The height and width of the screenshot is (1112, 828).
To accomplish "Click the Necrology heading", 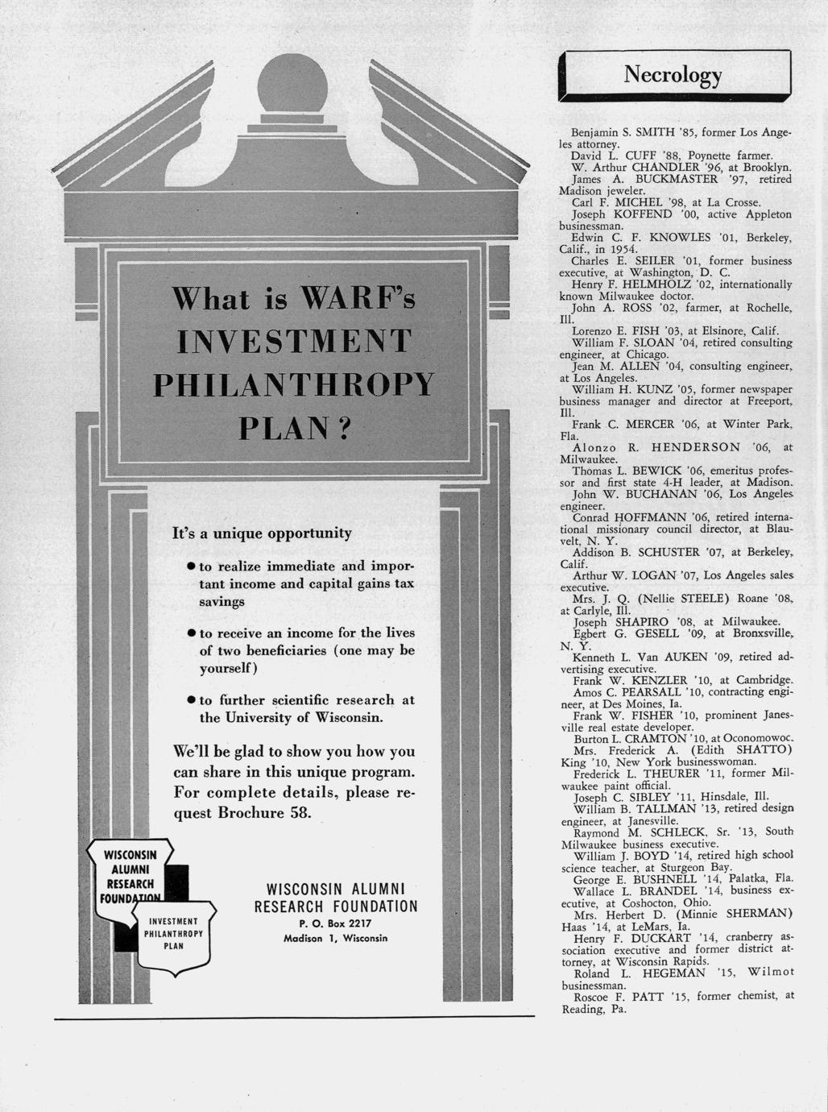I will (673, 75).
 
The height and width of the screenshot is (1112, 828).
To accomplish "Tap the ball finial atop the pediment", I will (292, 84).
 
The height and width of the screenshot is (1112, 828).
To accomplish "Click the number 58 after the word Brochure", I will (297, 812).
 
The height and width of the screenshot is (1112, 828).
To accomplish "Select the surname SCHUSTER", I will (665, 553).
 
